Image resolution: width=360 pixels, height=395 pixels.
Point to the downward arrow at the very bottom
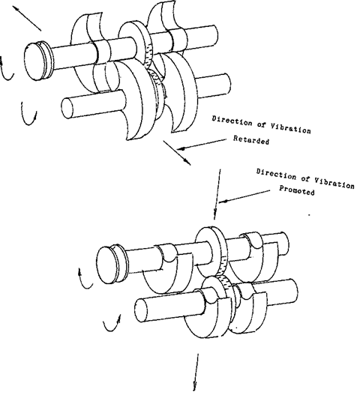[x=198, y=375]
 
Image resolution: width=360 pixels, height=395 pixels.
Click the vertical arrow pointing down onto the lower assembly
[x=217, y=195]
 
